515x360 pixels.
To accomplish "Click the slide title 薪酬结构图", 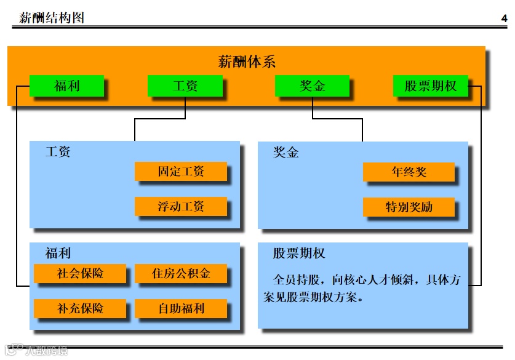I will point(52,18).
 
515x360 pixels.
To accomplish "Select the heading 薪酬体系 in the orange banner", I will point(246,62).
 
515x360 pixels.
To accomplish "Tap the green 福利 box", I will point(66,86).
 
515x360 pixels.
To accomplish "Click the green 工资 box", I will point(185,86).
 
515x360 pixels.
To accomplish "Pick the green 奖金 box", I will point(312,86).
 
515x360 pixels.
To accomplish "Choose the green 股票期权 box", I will point(430,86).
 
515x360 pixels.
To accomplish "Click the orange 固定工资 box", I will point(180,172).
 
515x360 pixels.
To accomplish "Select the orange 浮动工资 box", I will point(180,206).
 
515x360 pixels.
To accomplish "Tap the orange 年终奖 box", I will point(409,172).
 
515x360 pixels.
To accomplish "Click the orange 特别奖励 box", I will point(409,206).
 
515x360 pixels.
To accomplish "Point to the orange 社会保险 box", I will point(80,273).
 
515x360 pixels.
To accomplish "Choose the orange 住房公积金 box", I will point(180,273).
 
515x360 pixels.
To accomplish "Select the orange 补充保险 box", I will point(80,308).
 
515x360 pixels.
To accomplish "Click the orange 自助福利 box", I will point(180,308).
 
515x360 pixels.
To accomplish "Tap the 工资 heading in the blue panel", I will point(58,151).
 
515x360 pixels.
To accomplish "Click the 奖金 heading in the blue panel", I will point(286,152).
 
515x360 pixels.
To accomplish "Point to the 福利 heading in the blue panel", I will point(58,253).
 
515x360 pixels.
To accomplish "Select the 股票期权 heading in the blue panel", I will point(299,253).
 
